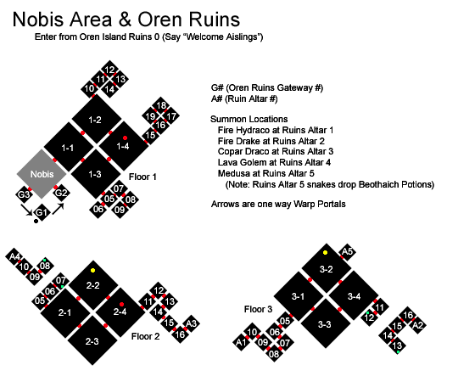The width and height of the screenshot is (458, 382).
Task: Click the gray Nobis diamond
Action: (42, 174)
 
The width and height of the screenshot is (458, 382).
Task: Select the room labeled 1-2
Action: (97, 119)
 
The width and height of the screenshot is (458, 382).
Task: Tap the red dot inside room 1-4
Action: (125, 138)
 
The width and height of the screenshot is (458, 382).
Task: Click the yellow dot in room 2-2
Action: (93, 270)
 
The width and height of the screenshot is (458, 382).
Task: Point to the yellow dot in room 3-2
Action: (325, 252)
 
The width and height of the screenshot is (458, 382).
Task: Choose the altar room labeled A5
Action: (347, 251)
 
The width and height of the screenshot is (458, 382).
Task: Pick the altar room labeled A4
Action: (14, 256)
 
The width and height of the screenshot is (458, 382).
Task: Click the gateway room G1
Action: (42, 212)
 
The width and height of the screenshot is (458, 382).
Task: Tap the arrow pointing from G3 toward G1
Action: (26, 211)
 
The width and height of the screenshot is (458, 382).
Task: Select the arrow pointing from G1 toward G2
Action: (59, 209)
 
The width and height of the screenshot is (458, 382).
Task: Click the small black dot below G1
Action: (36, 222)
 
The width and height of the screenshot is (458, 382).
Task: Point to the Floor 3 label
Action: (258, 309)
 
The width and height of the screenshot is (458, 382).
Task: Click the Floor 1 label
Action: (142, 177)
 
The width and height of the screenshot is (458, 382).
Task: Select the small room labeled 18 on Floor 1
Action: (161, 105)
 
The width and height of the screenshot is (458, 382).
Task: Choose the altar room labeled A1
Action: (241, 342)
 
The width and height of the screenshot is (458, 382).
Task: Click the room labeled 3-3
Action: (325, 323)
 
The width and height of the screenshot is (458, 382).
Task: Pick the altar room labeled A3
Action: (191, 323)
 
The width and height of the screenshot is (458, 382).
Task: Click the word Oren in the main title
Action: (159, 20)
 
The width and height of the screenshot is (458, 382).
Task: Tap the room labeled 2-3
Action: (92, 340)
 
